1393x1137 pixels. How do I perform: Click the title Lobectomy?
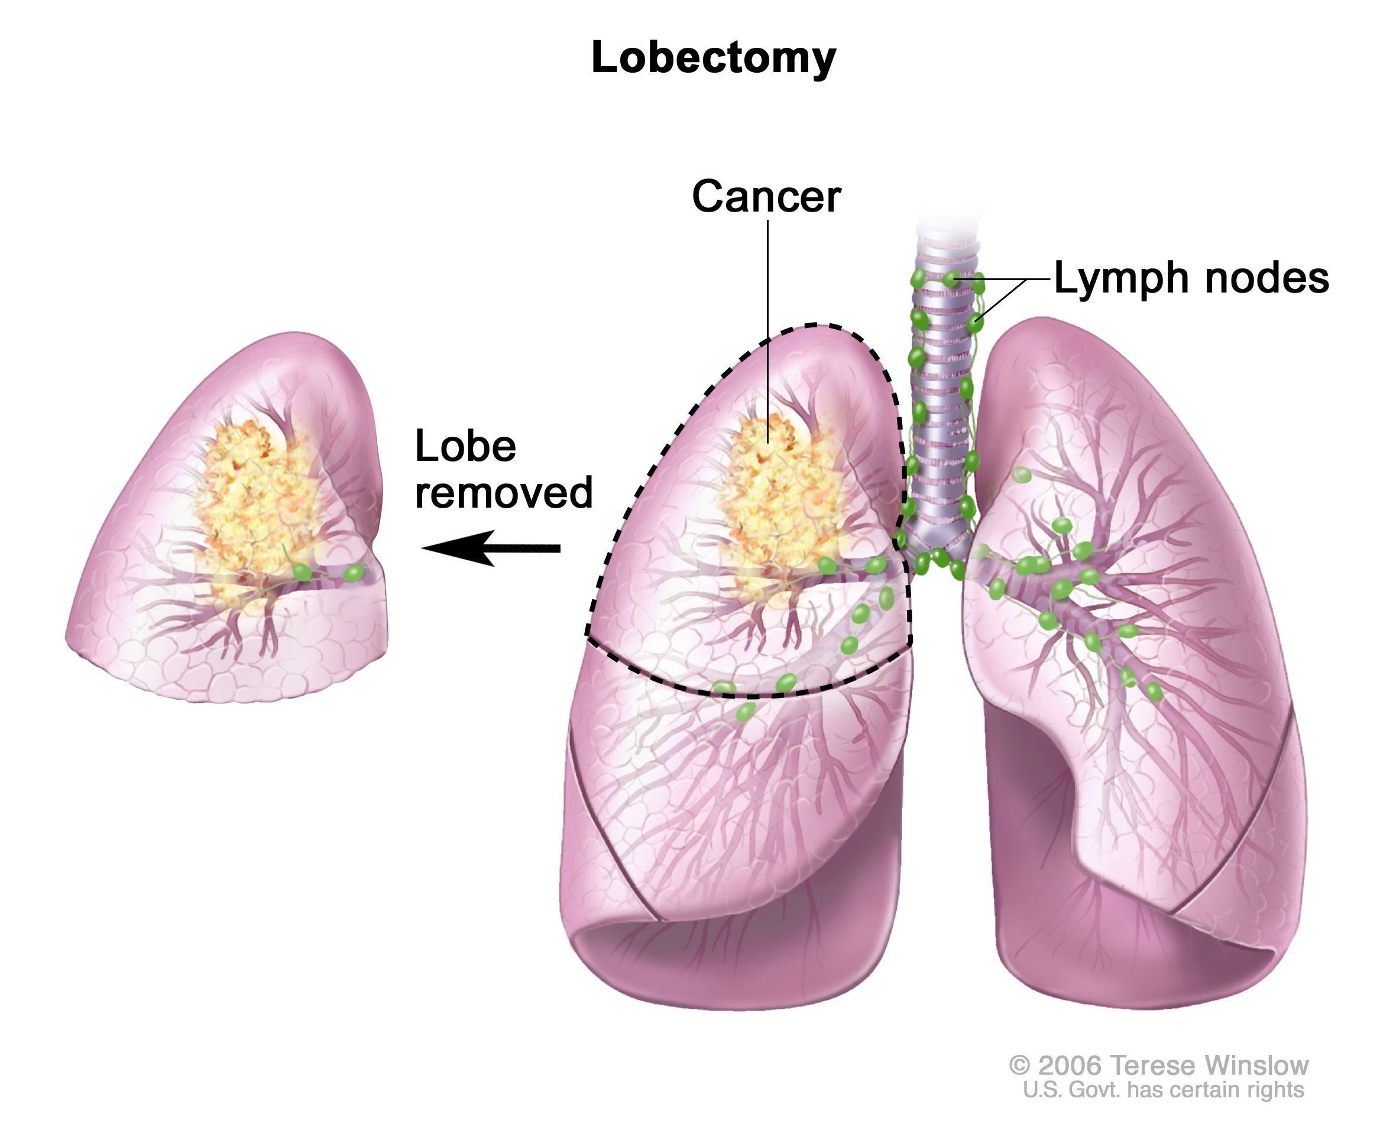coord(714,59)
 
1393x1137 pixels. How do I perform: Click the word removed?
coord(504,492)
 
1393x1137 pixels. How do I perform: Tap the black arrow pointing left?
coord(491,548)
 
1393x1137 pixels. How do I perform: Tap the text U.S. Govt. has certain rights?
coord(1164,1090)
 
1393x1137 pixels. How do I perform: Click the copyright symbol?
coord(1019,1065)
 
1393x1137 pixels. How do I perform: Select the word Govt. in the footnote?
coord(1092,1090)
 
